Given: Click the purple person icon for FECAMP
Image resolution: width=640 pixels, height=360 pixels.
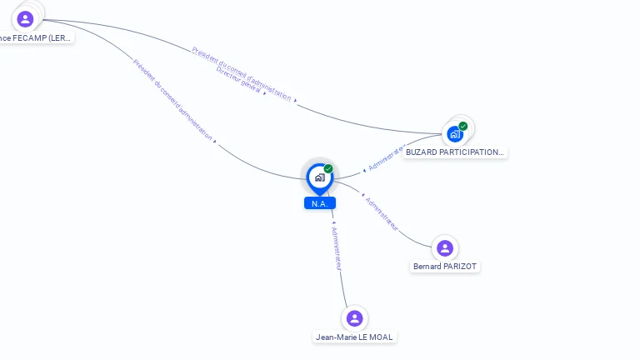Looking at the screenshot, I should click(x=25, y=18).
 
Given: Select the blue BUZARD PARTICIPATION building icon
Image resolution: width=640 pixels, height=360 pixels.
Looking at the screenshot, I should click(x=455, y=133).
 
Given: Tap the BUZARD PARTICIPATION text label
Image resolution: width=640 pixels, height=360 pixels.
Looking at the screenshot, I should click(x=454, y=152).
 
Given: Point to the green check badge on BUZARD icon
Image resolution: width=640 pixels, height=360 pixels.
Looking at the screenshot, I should click(x=463, y=127).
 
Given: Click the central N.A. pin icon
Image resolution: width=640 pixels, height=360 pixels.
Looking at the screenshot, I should click(x=319, y=177).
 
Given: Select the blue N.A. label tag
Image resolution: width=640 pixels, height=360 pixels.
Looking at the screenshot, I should click(x=319, y=203).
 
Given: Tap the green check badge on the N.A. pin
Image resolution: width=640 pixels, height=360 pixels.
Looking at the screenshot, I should click(x=328, y=169).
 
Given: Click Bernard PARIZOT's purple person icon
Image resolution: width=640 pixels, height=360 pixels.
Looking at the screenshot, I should click(x=445, y=247).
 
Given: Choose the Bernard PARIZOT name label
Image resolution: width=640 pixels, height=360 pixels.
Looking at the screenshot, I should click(x=446, y=267).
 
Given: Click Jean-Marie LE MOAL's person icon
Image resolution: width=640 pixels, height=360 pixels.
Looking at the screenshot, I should click(x=354, y=318).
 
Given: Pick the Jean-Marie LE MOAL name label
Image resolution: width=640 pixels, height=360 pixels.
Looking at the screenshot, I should click(x=354, y=337).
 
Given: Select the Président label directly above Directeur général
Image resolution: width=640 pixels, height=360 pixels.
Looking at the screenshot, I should click(x=242, y=73).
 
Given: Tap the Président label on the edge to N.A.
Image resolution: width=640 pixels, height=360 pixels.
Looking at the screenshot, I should click(x=172, y=100).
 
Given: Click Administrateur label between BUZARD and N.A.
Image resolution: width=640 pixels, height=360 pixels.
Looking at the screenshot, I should click(x=385, y=158).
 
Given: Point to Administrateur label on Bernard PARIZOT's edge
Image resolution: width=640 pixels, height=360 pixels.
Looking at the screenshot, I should click(x=382, y=214).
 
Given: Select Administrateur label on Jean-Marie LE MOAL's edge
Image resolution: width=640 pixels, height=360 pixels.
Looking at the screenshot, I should click(x=337, y=247).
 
